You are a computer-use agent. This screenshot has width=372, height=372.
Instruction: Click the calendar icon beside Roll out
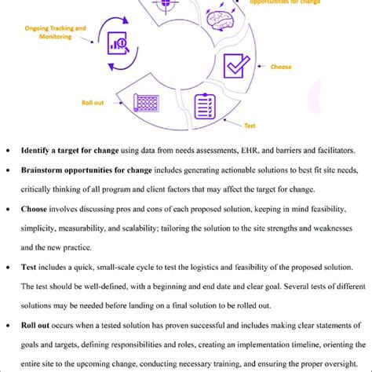148,102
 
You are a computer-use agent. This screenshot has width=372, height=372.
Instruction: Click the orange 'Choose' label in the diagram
281,67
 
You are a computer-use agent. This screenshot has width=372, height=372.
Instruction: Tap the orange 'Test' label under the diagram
250,125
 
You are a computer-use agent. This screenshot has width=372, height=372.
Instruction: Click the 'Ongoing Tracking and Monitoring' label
54,31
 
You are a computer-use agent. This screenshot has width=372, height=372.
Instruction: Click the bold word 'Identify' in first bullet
38,150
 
